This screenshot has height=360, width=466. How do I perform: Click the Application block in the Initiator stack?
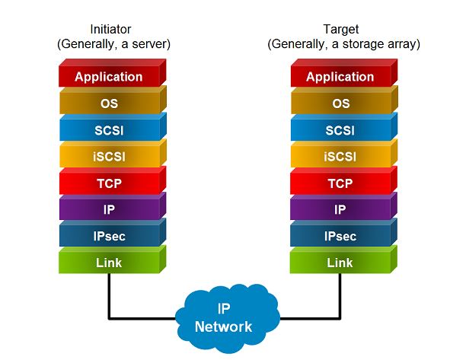click(109, 77)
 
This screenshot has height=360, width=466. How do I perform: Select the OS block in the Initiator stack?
click(109, 104)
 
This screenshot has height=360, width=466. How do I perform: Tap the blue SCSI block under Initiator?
click(109, 130)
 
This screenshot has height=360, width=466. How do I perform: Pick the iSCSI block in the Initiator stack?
click(109, 157)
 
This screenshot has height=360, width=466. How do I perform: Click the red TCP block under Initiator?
click(109, 183)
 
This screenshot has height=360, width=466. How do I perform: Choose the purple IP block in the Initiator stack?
click(109, 210)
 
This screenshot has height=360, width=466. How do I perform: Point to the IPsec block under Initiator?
click(109, 237)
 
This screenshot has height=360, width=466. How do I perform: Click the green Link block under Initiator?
click(109, 263)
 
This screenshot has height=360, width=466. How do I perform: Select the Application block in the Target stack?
click(340, 77)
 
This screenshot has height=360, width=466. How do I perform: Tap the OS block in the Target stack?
click(340, 104)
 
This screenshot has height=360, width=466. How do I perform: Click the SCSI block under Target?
click(340, 130)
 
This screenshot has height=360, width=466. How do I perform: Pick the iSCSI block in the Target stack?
click(340, 157)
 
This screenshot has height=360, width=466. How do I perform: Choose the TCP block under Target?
click(340, 183)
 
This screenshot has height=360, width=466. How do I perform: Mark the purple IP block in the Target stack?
click(340, 210)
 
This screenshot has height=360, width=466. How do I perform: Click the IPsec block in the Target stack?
click(340, 237)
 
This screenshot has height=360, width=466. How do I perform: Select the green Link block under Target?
click(340, 263)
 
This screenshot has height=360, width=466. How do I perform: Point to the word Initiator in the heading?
click(112, 29)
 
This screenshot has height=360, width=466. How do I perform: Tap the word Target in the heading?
click(343, 29)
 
